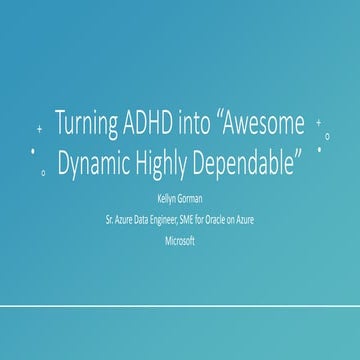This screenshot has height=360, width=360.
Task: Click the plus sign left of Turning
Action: [x=39, y=129]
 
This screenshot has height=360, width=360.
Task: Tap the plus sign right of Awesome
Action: [x=318, y=123]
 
